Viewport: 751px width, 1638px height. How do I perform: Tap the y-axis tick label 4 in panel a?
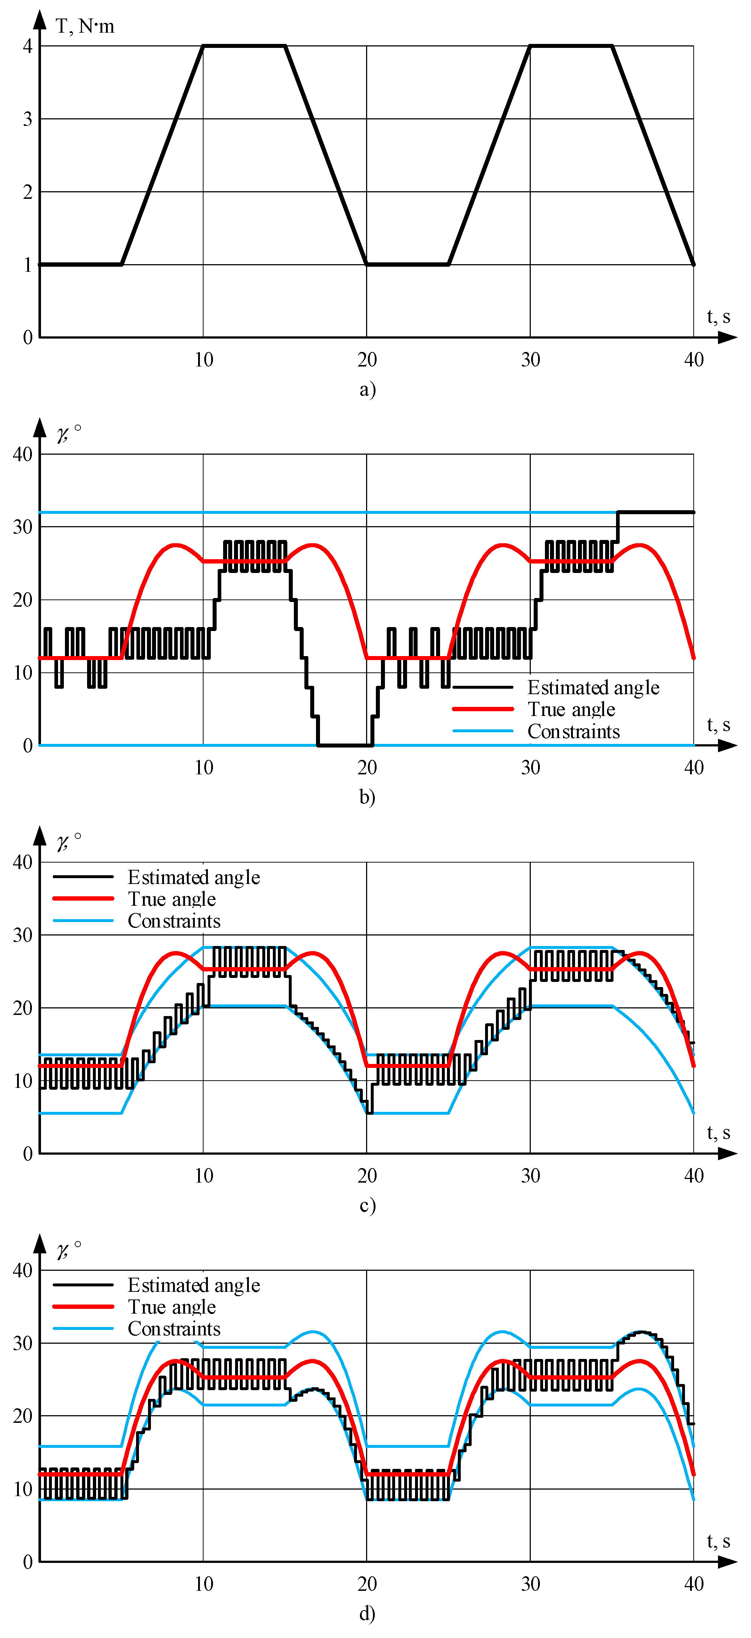pos(27,46)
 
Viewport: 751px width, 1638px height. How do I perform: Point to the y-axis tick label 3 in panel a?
pos(27,119)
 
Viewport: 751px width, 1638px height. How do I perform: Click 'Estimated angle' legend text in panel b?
pos(593,687)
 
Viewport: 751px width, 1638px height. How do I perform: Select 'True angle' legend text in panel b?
pos(571,709)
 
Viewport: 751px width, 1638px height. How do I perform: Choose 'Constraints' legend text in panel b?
pos(574,731)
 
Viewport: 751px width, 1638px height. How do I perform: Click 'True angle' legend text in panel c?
pos(172,899)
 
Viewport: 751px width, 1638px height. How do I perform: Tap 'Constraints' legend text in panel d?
pos(174,1329)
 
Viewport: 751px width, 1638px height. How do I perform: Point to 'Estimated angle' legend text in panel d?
pos(194,1285)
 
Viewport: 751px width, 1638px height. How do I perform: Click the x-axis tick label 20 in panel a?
pos(367,360)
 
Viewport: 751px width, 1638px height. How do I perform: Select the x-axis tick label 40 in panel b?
pos(694,767)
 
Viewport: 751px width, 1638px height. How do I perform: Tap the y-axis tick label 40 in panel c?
pos(23,862)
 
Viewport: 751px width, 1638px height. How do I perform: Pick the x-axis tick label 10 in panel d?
pos(204,1584)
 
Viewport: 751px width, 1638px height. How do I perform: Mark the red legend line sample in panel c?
pos(83,898)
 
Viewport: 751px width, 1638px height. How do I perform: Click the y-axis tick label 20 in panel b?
pos(23,599)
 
